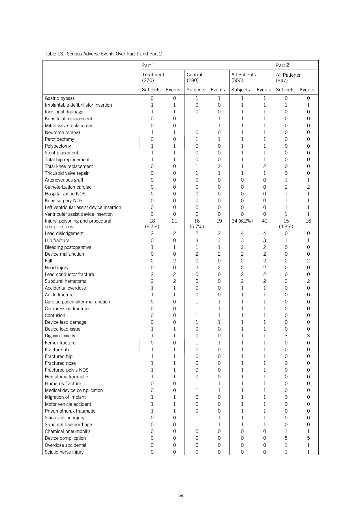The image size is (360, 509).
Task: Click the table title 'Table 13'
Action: (x=103, y=54)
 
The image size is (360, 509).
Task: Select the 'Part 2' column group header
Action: (x=282, y=65)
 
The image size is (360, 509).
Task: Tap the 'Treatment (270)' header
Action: (x=153, y=77)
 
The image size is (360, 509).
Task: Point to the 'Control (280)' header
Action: (x=194, y=77)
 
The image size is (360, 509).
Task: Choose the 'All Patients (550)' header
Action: (x=243, y=77)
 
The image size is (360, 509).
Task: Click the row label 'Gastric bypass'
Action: (x=60, y=98)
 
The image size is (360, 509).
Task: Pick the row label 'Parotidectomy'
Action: (x=59, y=139)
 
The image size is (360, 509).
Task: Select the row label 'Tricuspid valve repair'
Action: (x=67, y=173)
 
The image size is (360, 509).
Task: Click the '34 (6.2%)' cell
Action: (x=242, y=221)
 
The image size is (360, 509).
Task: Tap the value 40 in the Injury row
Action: (x=264, y=221)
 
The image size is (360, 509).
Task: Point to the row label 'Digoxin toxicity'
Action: (x=60, y=336)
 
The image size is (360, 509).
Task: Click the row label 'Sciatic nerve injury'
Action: (x=64, y=452)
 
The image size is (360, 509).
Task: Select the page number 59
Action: (x=181, y=495)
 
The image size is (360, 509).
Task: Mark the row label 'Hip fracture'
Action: (x=57, y=240)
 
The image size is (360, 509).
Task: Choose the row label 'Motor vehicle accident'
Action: (x=68, y=404)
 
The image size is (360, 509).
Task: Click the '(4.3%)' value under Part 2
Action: (x=286, y=227)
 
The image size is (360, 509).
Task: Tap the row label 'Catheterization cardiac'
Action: (x=68, y=187)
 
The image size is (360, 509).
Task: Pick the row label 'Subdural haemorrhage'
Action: (x=68, y=424)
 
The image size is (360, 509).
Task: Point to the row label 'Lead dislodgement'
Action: (x=64, y=233)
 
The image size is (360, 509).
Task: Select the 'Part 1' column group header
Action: (x=148, y=65)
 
